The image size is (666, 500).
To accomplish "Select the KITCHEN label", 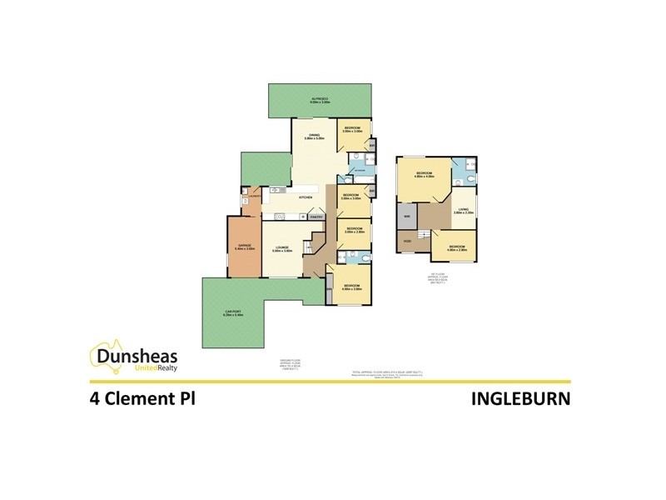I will point(306,197).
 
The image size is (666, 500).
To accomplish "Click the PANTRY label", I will point(316,217).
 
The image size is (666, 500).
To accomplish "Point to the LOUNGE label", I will point(281,249).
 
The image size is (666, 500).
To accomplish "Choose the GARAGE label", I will point(244,246).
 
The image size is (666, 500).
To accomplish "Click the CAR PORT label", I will point(232,312).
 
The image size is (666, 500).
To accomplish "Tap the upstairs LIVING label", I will point(464,210).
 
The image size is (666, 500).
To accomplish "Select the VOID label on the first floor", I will point(407,240).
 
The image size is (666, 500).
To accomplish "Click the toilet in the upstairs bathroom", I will point(470,178).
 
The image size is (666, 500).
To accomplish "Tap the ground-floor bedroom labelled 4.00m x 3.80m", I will point(350,288).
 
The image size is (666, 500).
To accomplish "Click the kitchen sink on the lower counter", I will point(280,217).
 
